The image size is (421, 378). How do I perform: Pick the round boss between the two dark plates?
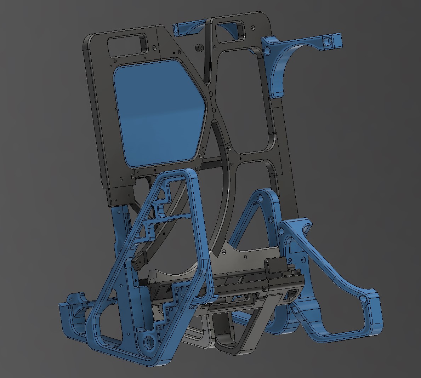199,47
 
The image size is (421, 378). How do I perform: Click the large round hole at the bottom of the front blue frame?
150,342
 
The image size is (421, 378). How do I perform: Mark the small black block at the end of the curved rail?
140,260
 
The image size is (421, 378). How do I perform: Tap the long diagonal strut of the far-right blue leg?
315,258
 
